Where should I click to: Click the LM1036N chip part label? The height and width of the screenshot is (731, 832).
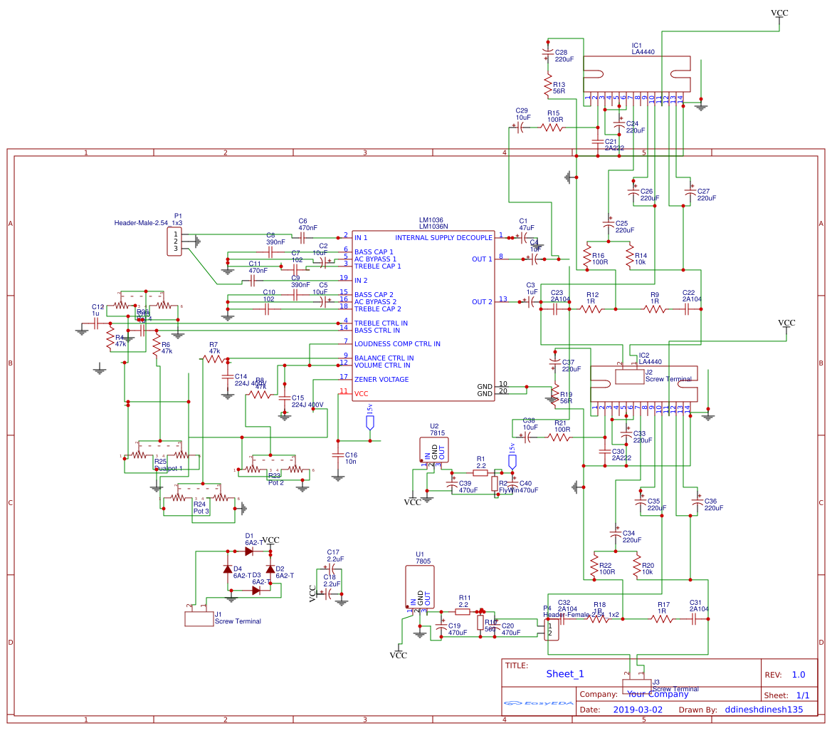[x=433, y=227]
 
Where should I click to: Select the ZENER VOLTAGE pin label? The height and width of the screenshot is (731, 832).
[x=381, y=379]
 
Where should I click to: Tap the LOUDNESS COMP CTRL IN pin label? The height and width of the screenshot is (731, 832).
[x=397, y=344]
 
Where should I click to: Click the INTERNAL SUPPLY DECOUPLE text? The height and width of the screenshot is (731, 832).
[x=443, y=237]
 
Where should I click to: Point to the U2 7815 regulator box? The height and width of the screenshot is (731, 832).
[x=434, y=450]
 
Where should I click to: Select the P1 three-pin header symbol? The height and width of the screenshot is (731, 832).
[x=174, y=241]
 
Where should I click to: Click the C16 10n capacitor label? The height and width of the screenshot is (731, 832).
[x=351, y=458]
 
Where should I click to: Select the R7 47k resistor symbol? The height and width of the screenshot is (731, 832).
[x=214, y=360]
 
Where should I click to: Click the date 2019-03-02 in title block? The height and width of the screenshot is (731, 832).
[x=637, y=710]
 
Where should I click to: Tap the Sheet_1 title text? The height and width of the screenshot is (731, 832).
[x=565, y=673]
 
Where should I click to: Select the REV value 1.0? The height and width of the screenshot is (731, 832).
[x=798, y=675]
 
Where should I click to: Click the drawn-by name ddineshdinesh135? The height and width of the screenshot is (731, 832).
[x=764, y=710]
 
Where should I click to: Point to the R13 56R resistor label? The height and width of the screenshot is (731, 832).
[x=559, y=88]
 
